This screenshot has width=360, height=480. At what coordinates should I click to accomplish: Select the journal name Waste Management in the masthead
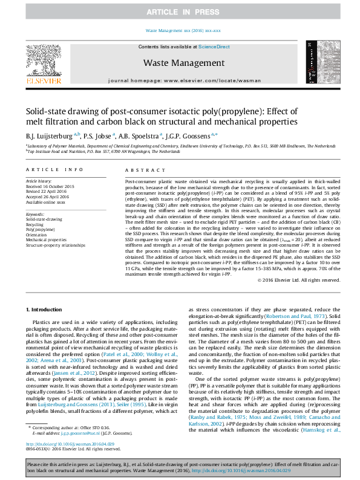(x=180, y=62)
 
